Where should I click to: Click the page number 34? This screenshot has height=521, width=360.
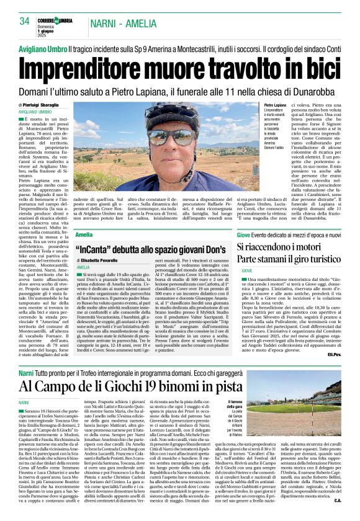coord(24,21)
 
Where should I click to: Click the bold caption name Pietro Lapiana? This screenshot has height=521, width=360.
coord(275,107)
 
